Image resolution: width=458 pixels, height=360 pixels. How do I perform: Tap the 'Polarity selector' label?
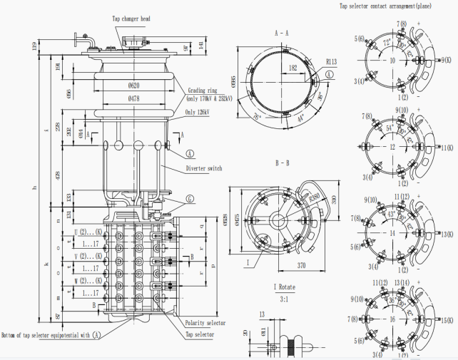(205, 323)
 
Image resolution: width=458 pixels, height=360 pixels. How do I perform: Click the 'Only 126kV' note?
(201, 113)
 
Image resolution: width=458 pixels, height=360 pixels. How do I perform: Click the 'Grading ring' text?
(203, 91)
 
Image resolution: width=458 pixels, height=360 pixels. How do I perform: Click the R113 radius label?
(321, 62)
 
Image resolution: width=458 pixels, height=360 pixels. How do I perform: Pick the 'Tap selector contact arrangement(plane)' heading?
(384, 6)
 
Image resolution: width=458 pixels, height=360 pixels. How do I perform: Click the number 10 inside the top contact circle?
(392, 61)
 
